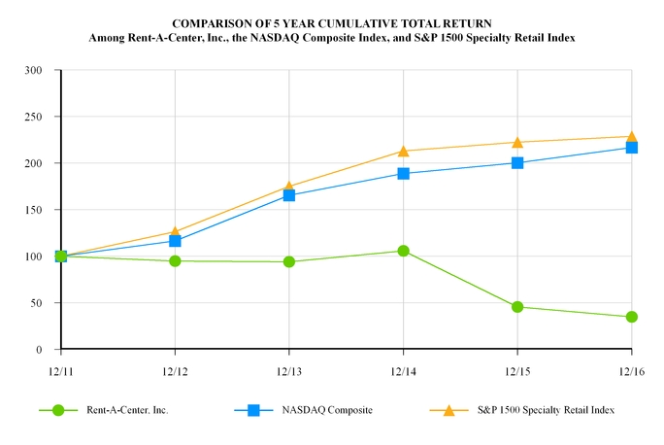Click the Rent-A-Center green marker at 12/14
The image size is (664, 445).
coord(403,251)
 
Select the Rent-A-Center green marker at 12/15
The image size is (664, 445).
coord(517,307)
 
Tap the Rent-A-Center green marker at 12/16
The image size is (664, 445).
coord(631,317)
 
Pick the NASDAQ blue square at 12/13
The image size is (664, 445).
coord(289,195)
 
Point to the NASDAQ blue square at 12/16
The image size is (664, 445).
coord(631,148)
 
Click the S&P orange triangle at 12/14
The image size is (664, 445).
coord(403,151)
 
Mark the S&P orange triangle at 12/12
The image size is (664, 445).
coord(175,232)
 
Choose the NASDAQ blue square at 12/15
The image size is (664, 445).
coord(517,162)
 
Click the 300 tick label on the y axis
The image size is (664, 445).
coord(33,70)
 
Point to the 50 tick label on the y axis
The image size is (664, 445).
coord(36,303)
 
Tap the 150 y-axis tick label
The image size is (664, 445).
coord(33,210)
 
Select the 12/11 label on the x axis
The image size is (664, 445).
coord(60,371)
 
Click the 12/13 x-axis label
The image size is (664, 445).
coord(289,371)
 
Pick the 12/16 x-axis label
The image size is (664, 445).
coord(631,371)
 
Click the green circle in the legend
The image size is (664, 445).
coord(60,410)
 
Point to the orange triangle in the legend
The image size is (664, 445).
coord(448,410)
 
